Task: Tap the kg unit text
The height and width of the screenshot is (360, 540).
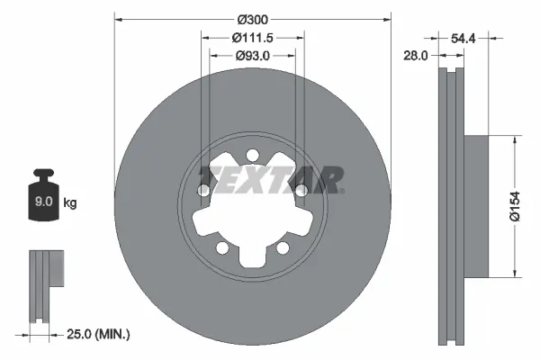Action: pyautogui.click(x=70, y=203)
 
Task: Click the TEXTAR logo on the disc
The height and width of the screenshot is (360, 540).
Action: pyautogui.click(x=270, y=178)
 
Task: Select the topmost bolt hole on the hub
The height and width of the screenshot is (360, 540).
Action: pyautogui.click(x=253, y=155)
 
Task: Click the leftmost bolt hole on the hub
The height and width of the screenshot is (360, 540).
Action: pyautogui.click(x=204, y=191)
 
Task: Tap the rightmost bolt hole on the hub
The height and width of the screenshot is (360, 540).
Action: pyautogui.click(x=301, y=190)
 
